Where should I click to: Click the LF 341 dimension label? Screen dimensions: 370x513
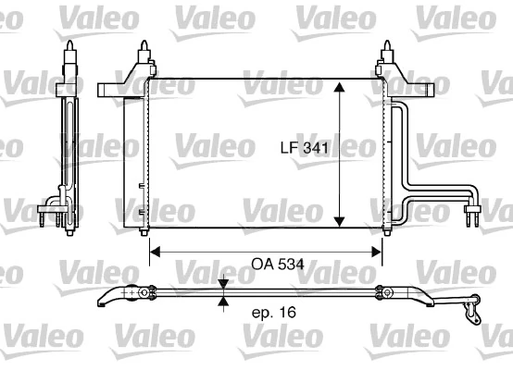(306, 147)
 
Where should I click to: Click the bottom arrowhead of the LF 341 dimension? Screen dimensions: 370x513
(340, 221)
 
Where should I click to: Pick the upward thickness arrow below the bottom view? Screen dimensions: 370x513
(222, 302)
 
